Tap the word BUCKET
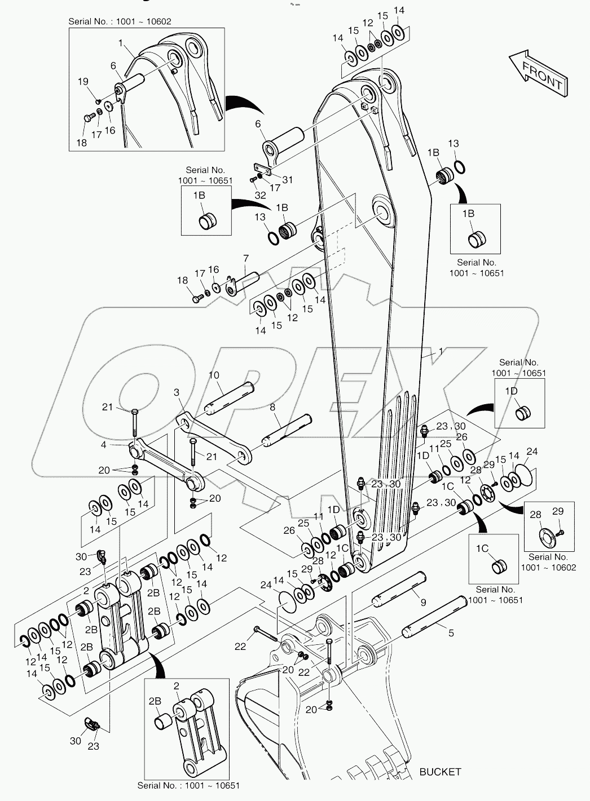(x=440, y=772)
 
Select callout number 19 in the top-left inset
(x=83, y=82)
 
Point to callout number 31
(x=288, y=180)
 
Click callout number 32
(x=260, y=196)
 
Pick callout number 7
(x=245, y=259)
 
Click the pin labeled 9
(x=398, y=591)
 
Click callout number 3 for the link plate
(x=177, y=392)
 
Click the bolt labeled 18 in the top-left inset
(x=87, y=119)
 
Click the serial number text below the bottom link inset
(x=188, y=786)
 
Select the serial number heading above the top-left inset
(x=120, y=21)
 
